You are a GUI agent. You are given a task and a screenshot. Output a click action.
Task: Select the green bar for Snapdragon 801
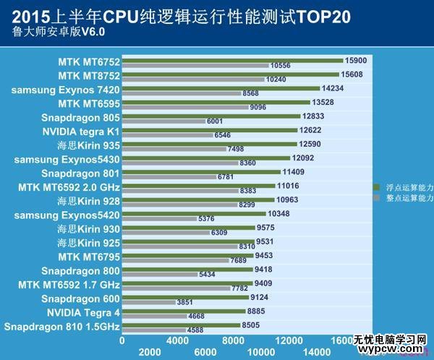tap(201, 171)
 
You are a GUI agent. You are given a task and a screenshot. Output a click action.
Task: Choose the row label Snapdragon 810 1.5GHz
tap(61, 327)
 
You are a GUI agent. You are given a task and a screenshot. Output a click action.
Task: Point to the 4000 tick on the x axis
tap(177, 339)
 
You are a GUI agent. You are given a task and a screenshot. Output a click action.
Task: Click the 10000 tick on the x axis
tap(260, 351)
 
